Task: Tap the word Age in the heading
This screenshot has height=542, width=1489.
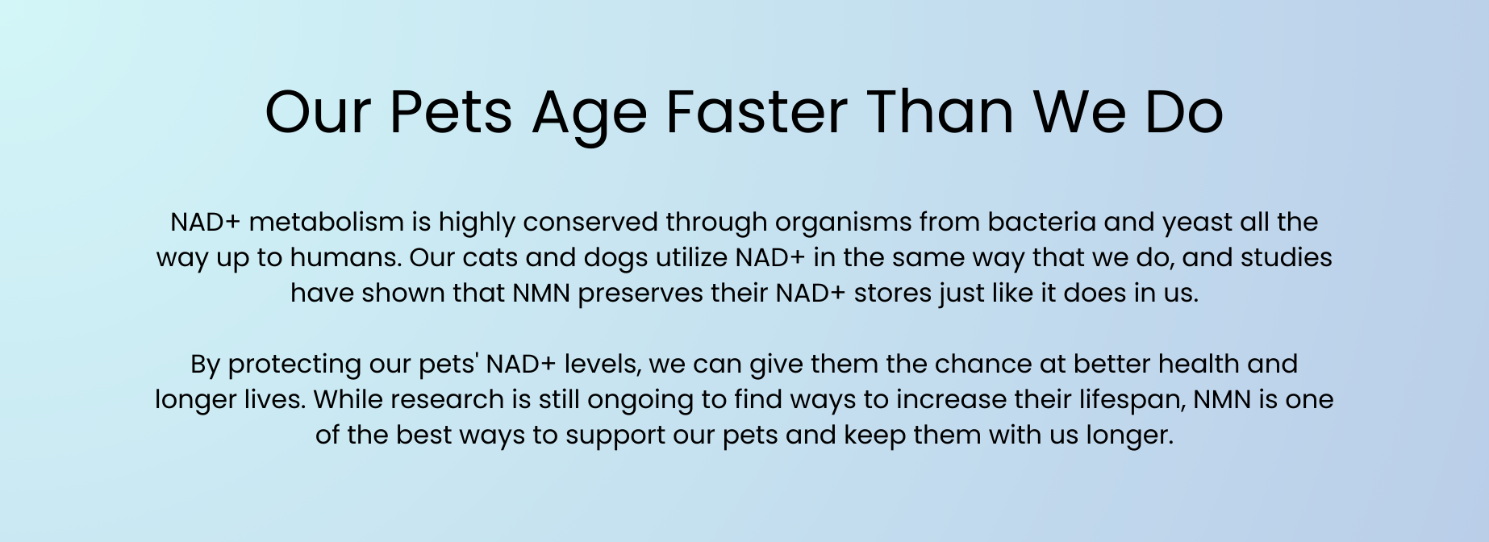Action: (589, 116)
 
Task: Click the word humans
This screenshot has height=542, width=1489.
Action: (345, 257)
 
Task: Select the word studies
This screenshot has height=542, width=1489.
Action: (1287, 257)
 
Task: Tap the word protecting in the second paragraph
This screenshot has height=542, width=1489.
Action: (294, 365)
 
